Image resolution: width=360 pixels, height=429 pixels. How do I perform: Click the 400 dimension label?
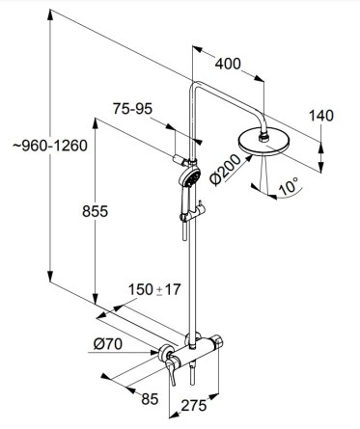point(228,64)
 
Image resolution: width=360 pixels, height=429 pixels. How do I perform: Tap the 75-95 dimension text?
point(132,109)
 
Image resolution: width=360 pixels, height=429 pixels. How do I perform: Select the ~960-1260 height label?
point(50,146)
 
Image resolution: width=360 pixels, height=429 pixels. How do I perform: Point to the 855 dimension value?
point(95,211)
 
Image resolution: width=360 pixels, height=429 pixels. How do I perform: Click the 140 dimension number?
point(321,116)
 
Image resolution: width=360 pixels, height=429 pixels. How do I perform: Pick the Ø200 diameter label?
point(225,170)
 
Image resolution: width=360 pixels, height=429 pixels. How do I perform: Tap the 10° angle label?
point(289,186)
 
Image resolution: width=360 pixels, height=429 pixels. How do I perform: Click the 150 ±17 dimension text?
point(154,289)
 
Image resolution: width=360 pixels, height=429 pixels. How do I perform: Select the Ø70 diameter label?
point(108,344)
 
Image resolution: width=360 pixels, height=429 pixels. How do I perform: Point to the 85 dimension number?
point(150,399)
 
